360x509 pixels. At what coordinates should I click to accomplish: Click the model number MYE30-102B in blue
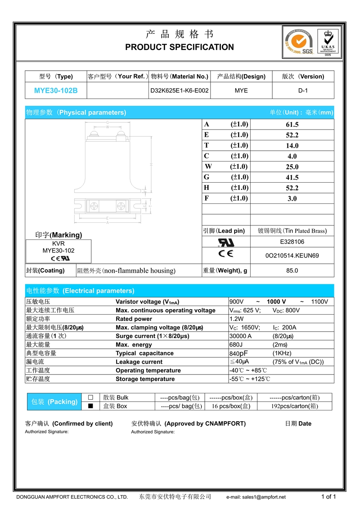[x=56, y=90]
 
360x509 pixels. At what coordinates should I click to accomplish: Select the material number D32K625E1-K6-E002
[x=180, y=90]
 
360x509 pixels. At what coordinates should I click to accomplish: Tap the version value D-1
[x=303, y=90]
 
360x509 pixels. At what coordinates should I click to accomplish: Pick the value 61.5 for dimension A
[x=292, y=125]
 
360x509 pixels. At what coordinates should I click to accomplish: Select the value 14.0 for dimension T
[x=292, y=146]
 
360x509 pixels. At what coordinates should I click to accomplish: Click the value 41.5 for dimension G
[x=292, y=177]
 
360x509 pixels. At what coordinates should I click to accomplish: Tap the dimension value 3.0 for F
[x=292, y=198]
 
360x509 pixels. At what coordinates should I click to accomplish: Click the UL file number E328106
[x=292, y=242]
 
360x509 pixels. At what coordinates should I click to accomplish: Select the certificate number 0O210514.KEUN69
[x=292, y=256]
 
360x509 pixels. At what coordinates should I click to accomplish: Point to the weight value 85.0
[x=292, y=270]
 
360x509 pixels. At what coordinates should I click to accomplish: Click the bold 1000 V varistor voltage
[x=276, y=302]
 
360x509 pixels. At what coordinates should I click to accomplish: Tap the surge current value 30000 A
[x=241, y=336]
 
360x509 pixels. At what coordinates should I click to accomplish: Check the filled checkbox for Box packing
[x=90, y=406]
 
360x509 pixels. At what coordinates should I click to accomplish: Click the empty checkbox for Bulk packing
[x=90, y=397]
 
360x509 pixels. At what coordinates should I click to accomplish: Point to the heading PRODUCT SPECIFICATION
[x=180, y=47]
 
